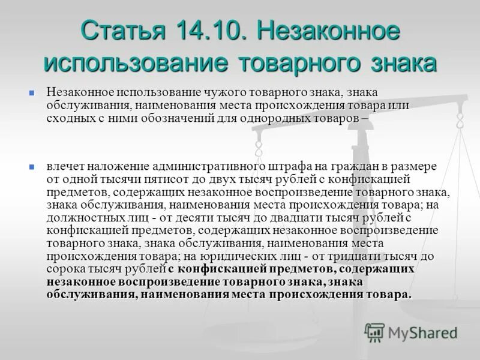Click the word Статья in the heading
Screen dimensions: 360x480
[x=122, y=31]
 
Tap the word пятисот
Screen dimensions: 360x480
[x=157, y=179]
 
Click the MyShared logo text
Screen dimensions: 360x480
[x=422, y=332]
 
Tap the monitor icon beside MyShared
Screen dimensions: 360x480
[x=375, y=332]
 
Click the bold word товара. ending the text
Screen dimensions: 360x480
[x=392, y=294]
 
